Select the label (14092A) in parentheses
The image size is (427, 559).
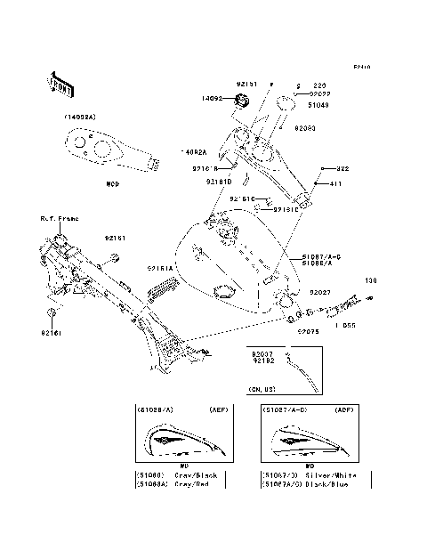tap(79, 117)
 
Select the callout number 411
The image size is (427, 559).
tap(337, 183)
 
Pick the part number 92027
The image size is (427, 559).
tap(320, 291)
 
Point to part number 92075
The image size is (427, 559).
tap(308, 330)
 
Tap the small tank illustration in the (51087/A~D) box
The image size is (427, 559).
tap(309, 439)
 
